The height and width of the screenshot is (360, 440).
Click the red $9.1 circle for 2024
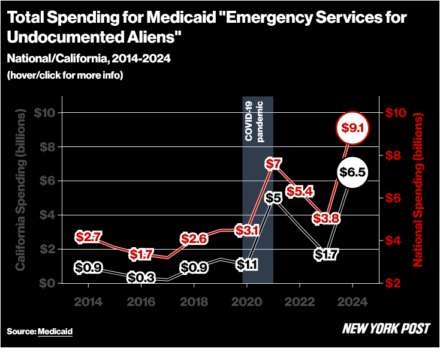pos(353,127)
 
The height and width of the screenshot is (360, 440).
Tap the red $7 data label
pos(273,164)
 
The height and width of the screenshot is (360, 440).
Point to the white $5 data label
pos(273,198)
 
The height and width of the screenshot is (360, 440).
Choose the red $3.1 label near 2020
pos(246,229)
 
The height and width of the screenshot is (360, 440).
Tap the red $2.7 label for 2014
pos(88,237)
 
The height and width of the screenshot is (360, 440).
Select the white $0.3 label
pos(141,278)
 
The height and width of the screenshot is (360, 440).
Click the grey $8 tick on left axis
pos(46,147)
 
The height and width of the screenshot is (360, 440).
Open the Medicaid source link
pos(55,331)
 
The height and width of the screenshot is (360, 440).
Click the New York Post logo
pos(386,329)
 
